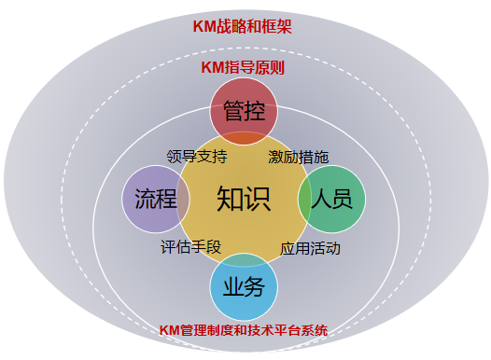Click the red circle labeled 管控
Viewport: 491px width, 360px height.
tap(245, 110)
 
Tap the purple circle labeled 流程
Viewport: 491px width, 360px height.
tap(156, 199)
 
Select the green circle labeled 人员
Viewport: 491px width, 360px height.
tap(332, 199)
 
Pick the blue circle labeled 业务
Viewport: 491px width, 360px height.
tap(245, 286)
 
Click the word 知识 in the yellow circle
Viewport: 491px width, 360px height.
tap(244, 199)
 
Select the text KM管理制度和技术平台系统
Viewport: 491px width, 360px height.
tap(244, 329)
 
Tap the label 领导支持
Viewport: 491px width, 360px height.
tap(197, 155)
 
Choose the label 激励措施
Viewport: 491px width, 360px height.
tap(298, 156)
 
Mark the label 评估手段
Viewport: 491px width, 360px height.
tap(190, 247)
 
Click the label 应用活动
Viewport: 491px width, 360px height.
tap(310, 249)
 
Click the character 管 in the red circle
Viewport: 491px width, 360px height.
tap(233, 110)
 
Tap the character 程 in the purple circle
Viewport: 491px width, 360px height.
tap(167, 199)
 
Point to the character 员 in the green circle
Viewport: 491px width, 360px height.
tap(344, 199)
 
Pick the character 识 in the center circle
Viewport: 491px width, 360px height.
tap(258, 199)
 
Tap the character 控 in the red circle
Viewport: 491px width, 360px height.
tap(256, 110)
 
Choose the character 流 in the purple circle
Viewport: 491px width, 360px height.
tap(145, 199)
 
